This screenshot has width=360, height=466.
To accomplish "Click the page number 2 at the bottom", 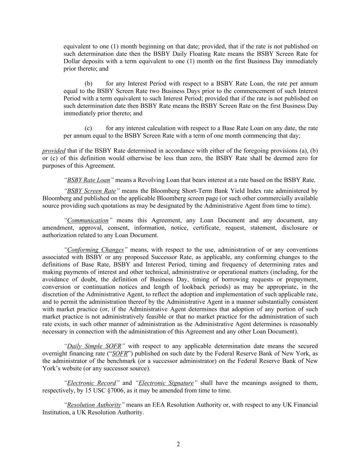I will tap(178, 444).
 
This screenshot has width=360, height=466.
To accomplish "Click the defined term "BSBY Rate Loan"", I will tap(88, 180).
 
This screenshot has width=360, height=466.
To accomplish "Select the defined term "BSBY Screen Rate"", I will tap(91, 191).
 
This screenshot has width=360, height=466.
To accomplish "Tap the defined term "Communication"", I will tap(88, 220).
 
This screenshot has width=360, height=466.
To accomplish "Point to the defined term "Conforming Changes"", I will tap(95, 250).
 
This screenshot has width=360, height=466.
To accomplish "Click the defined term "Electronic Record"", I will tap(91, 383).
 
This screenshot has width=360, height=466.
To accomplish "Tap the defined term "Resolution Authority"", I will tap(94, 405).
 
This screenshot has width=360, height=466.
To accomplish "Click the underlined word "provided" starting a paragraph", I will tap(54, 151).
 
